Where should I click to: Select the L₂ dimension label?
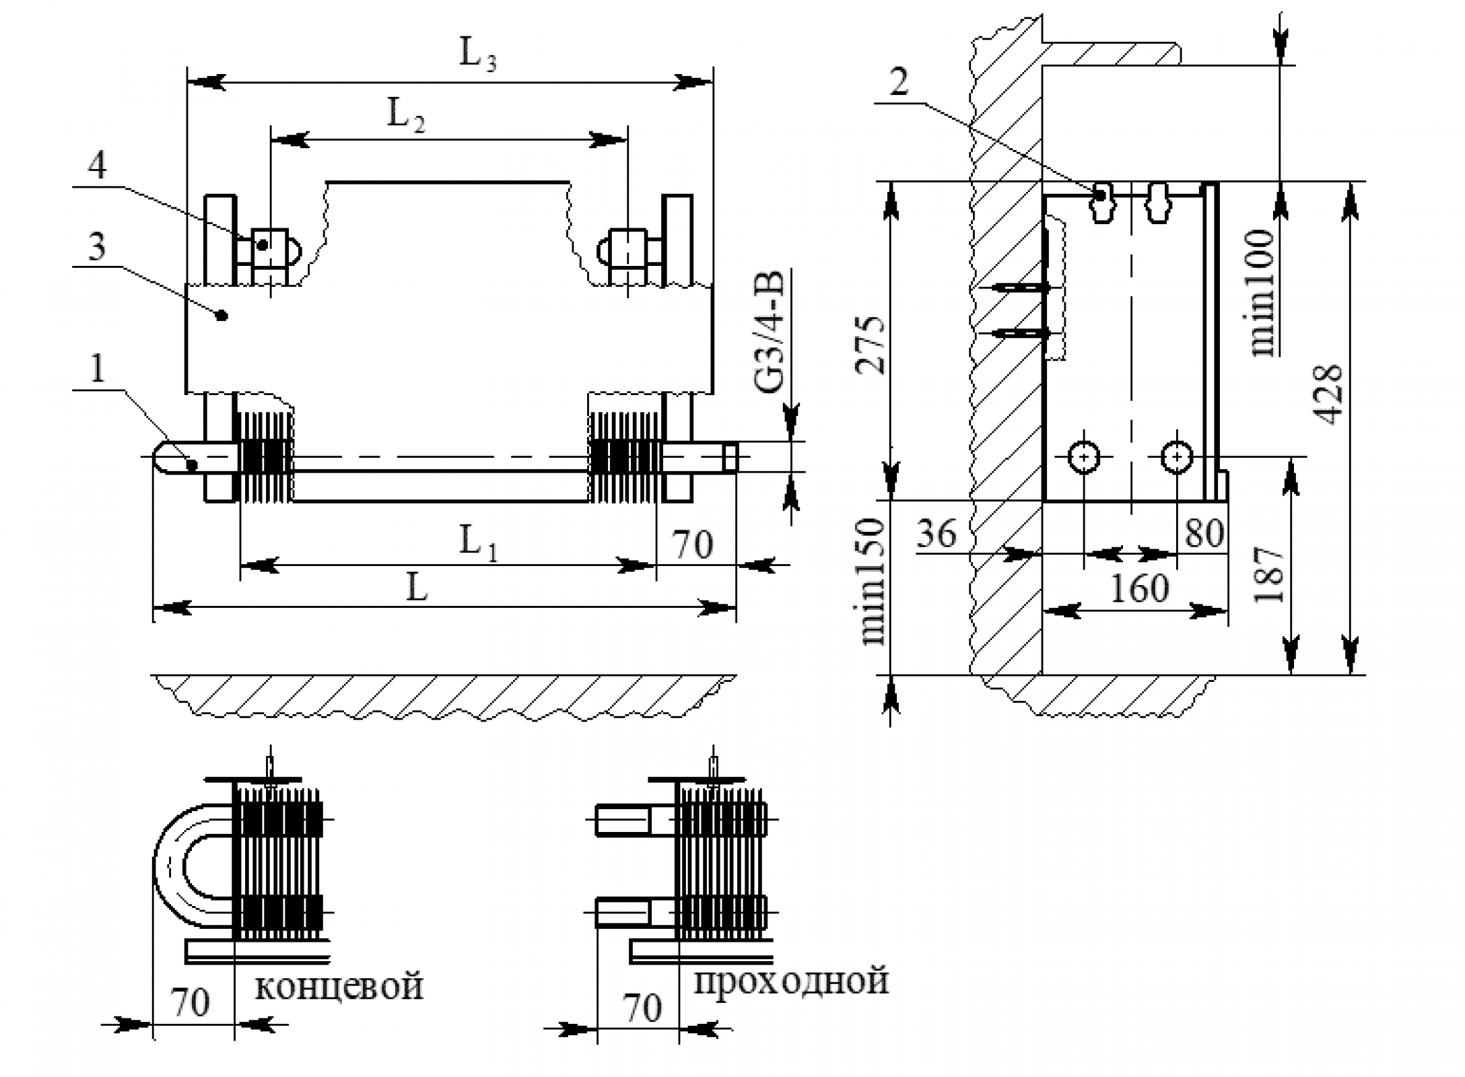tap(405, 115)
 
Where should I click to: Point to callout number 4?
tap(97, 165)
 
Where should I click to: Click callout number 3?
tap(97, 247)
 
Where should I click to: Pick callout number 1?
tap(97, 369)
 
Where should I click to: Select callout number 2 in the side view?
tap(898, 83)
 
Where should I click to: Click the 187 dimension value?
tap(1270, 574)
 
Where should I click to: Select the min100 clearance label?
tap(1262, 293)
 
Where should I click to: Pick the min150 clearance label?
tap(873, 582)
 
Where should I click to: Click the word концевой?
tap(339, 986)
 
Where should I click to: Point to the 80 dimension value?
tap(1204, 534)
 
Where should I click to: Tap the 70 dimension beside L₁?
tap(693, 544)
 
